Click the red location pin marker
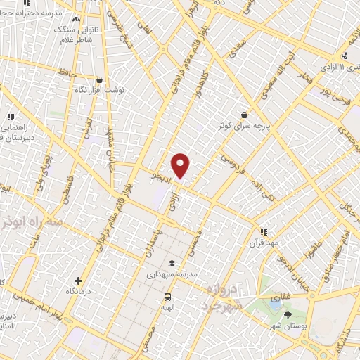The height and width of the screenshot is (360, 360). tap(181, 165)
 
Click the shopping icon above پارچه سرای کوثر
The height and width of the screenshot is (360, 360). tap(244, 114)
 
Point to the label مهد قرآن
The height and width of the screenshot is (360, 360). tap(262, 242)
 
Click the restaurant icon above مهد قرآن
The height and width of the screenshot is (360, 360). tap(264, 231)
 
